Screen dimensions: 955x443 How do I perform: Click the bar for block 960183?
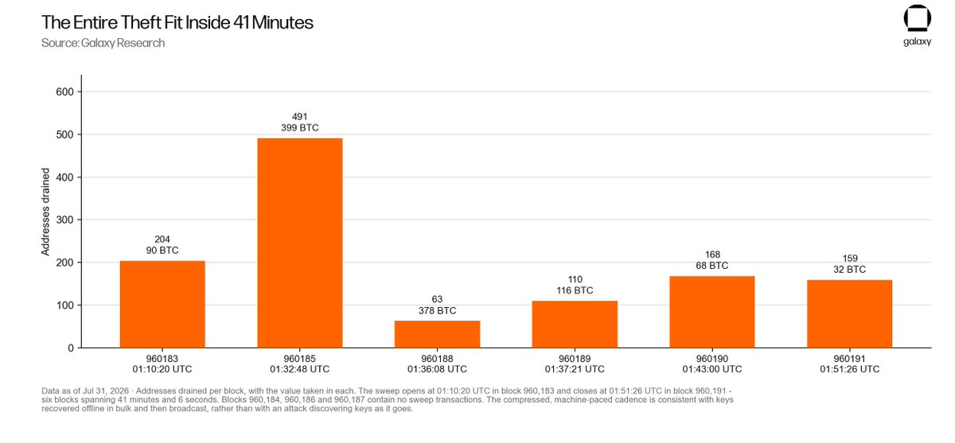(162, 304)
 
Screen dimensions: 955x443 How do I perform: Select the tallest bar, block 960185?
(300, 243)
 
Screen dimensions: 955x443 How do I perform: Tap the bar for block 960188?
(437, 334)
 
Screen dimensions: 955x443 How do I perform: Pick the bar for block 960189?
(575, 324)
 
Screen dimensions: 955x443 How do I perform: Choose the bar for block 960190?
(712, 312)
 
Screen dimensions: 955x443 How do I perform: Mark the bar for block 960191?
(849, 314)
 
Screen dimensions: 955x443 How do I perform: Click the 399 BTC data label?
(300, 128)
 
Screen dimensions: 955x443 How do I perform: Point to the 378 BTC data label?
(437, 310)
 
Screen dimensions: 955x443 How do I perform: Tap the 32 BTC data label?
(850, 269)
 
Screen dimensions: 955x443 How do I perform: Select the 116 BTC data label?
(575, 290)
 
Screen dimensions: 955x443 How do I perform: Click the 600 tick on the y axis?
(64, 92)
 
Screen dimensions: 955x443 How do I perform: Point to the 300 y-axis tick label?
(64, 220)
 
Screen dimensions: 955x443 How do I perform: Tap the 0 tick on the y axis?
(71, 348)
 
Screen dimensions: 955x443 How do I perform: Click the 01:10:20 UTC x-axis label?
(162, 369)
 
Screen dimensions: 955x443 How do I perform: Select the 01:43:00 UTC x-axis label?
(712, 369)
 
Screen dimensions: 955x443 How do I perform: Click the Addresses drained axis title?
(45, 212)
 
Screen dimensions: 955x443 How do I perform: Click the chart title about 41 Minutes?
(177, 22)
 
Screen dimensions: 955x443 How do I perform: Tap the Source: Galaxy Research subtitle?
(103, 43)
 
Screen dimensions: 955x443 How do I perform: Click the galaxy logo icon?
(917, 18)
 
